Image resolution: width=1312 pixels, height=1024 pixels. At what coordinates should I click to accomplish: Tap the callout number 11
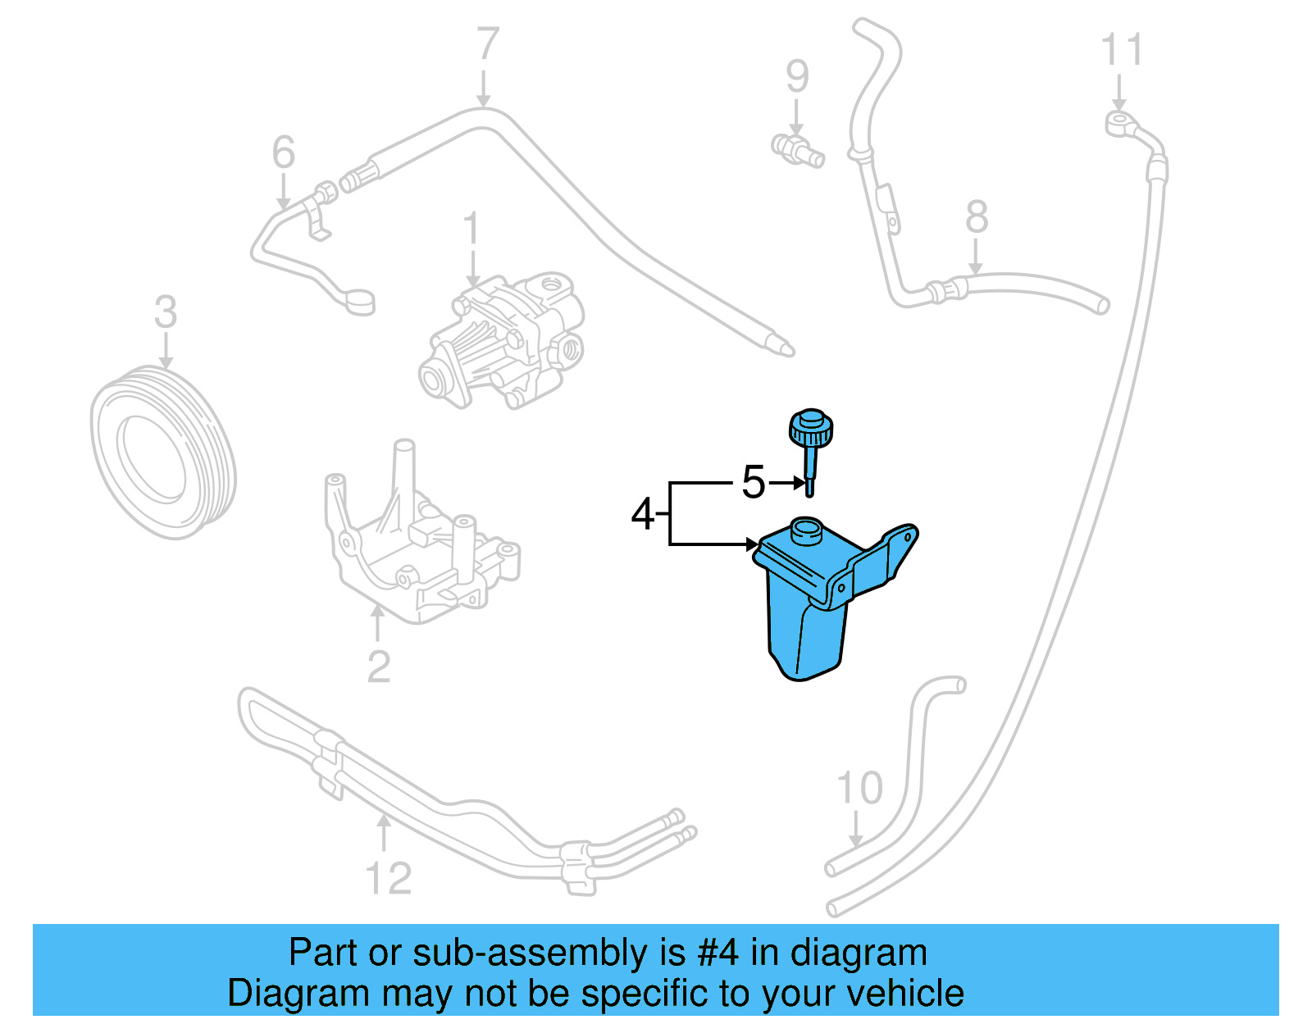pyautogui.click(x=1121, y=51)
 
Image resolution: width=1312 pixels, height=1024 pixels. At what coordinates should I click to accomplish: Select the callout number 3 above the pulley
pyautogui.click(x=166, y=312)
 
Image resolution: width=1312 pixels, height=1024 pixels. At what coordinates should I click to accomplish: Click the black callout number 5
pyautogui.click(x=753, y=482)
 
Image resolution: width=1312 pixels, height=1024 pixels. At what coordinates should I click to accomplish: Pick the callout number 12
pyautogui.click(x=388, y=879)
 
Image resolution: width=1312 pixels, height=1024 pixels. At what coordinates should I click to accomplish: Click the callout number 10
pyautogui.click(x=859, y=789)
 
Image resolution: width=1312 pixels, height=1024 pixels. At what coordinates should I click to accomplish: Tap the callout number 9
pyautogui.click(x=797, y=76)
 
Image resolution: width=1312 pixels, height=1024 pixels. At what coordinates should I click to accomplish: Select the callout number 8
pyautogui.click(x=976, y=217)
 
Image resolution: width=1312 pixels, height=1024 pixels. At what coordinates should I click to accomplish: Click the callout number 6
pyautogui.click(x=283, y=152)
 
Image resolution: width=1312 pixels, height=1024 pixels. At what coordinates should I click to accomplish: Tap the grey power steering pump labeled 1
pyautogui.click(x=504, y=340)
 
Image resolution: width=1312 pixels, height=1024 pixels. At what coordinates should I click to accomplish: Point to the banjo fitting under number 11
pyautogui.click(x=1118, y=124)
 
